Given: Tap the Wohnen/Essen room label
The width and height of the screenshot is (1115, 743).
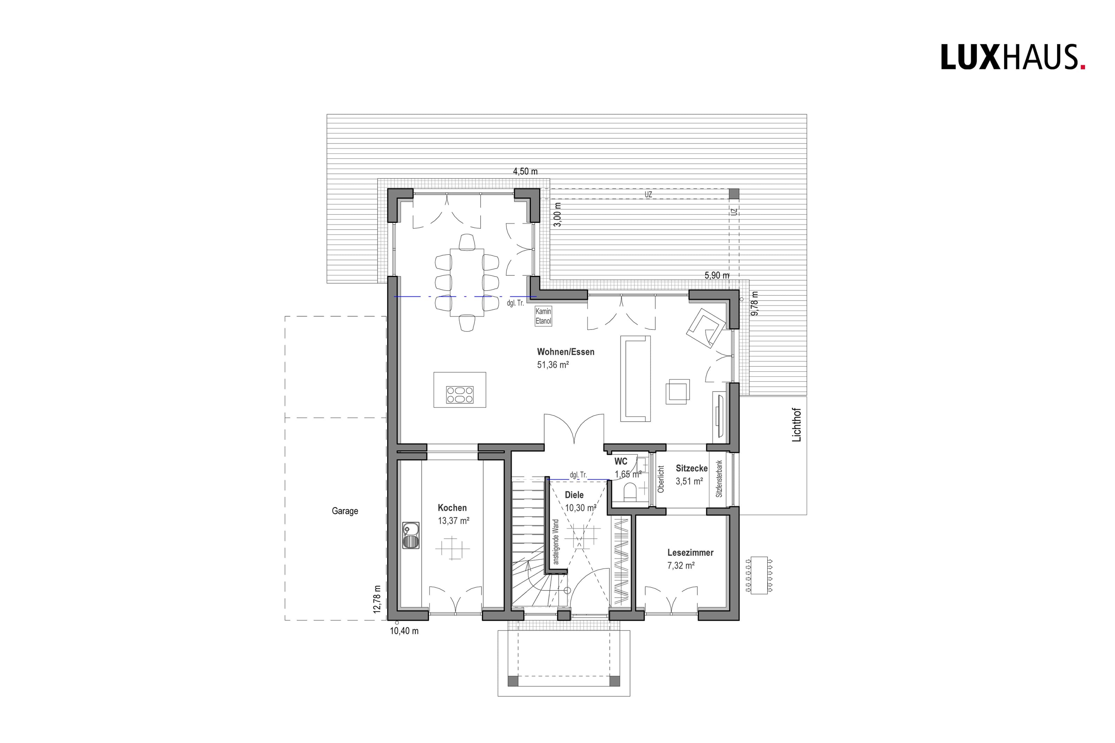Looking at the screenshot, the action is [x=565, y=352].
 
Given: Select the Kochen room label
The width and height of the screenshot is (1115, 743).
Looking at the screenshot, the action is [x=452, y=508].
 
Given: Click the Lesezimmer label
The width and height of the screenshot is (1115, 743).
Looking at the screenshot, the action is [x=690, y=552].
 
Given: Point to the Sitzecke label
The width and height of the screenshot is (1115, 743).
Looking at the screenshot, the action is [x=691, y=468].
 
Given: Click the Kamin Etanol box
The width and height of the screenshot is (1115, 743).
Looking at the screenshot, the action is [x=544, y=316].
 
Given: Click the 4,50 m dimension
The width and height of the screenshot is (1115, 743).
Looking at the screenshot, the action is [x=525, y=171].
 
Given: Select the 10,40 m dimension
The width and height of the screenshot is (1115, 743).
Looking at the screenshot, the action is [x=404, y=631].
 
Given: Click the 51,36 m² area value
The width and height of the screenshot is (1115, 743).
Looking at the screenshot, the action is [x=553, y=365].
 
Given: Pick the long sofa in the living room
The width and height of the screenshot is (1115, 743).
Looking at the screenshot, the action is [x=636, y=378].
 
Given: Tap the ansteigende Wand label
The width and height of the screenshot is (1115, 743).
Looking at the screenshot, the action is [x=556, y=542].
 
